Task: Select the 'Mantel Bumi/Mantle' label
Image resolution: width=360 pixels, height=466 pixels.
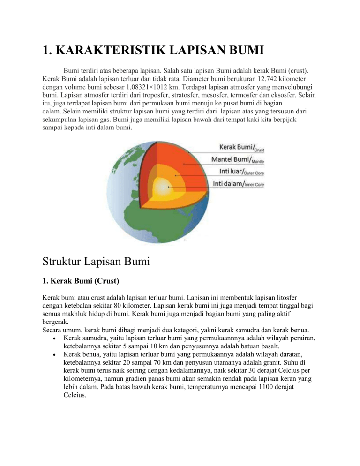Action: click(239, 160)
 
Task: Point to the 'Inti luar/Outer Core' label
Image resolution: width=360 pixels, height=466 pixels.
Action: click(239, 173)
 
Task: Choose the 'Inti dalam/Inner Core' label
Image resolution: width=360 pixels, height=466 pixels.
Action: click(239, 184)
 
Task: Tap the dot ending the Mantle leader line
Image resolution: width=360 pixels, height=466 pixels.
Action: click(185, 165)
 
